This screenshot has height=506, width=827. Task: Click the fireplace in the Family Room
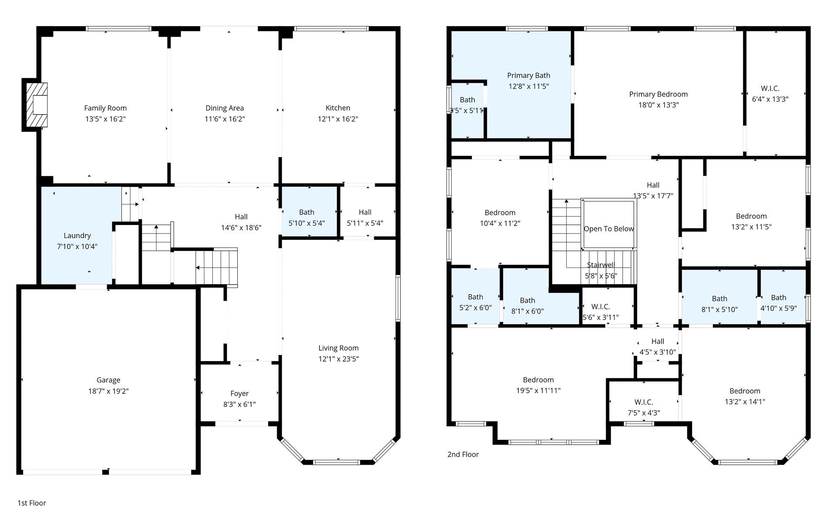tap(36, 104)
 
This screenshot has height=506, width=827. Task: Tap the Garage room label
tap(108, 380)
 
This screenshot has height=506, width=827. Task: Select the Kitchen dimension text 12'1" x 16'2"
tap(338, 119)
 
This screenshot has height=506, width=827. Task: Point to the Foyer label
tap(239, 393)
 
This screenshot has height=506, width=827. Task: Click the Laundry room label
tap(77, 235)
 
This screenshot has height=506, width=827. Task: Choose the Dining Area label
tap(225, 108)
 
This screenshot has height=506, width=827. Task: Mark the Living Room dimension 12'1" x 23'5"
tap(338, 359)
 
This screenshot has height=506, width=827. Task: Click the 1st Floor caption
tap(32, 503)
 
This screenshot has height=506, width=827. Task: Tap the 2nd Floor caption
tap(463, 454)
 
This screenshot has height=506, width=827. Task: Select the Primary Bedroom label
tap(658, 94)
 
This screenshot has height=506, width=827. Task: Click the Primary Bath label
tap(528, 75)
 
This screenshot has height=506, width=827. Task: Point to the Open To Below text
tap(608, 229)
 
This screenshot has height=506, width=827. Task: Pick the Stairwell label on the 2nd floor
tap(600, 265)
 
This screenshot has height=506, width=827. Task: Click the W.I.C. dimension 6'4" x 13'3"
tap(770, 99)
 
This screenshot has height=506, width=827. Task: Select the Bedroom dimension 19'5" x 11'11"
tap(538, 390)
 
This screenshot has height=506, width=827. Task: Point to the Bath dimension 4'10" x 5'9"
tap(778, 308)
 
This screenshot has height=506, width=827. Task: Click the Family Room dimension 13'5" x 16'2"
tap(105, 119)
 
